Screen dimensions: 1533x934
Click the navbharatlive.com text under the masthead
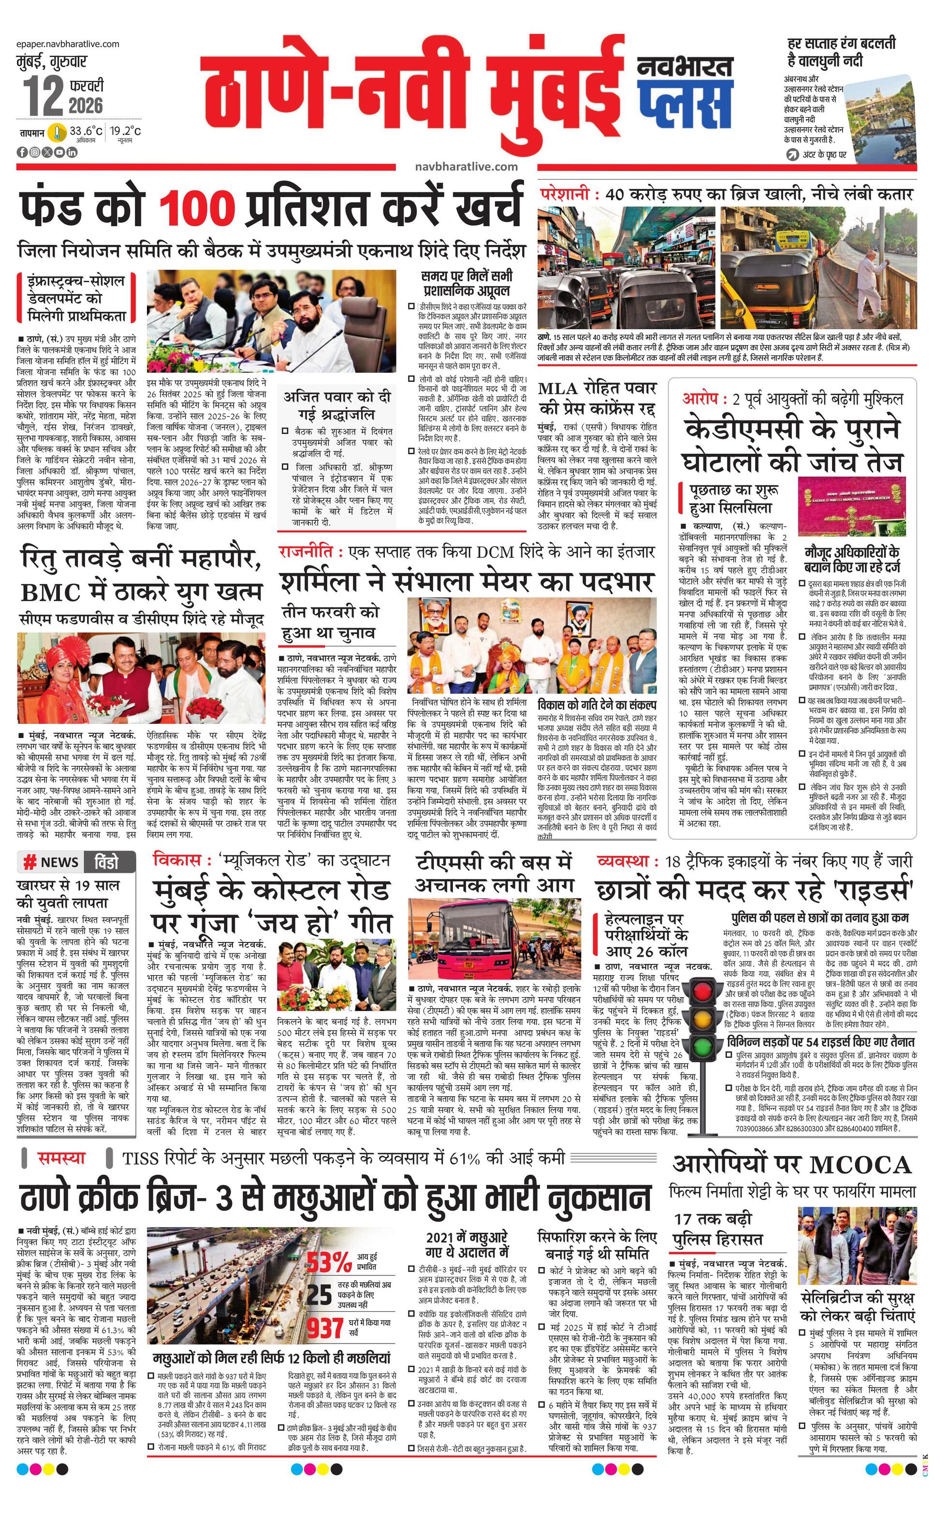[466, 166]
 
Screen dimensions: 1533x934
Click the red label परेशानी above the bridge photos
[566, 194]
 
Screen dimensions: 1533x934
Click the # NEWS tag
[51, 862]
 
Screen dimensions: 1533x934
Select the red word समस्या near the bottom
[61, 1158]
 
